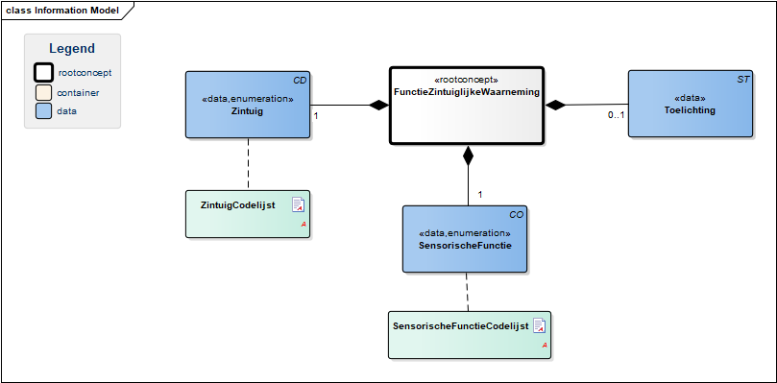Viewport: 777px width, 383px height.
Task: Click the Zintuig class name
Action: (247, 111)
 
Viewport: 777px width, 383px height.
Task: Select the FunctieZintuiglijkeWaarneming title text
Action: (467, 91)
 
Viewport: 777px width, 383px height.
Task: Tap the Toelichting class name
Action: (690, 110)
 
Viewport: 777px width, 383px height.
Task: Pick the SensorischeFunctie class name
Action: (464, 245)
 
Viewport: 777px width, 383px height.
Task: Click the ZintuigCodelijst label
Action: (238, 204)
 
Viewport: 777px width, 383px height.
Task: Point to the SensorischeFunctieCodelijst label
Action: (461, 326)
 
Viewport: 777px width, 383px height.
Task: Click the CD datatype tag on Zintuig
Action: (301, 79)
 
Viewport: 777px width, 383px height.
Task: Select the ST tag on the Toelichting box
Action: (743, 79)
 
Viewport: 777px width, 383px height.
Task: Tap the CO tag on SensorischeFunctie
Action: (517, 215)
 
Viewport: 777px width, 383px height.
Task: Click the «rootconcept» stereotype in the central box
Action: (466, 80)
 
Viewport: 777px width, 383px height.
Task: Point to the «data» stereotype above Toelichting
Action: (690, 98)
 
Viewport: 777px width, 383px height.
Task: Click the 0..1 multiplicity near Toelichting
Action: (616, 115)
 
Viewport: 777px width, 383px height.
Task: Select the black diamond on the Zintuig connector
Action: (379, 105)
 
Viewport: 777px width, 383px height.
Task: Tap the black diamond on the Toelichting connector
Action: (555, 105)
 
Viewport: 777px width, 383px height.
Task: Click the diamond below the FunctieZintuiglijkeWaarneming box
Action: (468, 156)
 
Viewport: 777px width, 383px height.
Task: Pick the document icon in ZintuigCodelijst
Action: (298, 204)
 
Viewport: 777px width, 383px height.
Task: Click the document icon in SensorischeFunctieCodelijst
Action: (539, 325)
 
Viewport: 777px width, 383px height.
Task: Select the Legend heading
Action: (72, 49)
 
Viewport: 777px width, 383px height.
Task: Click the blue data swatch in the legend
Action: (43, 111)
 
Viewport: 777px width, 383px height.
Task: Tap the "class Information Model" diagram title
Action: (62, 11)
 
